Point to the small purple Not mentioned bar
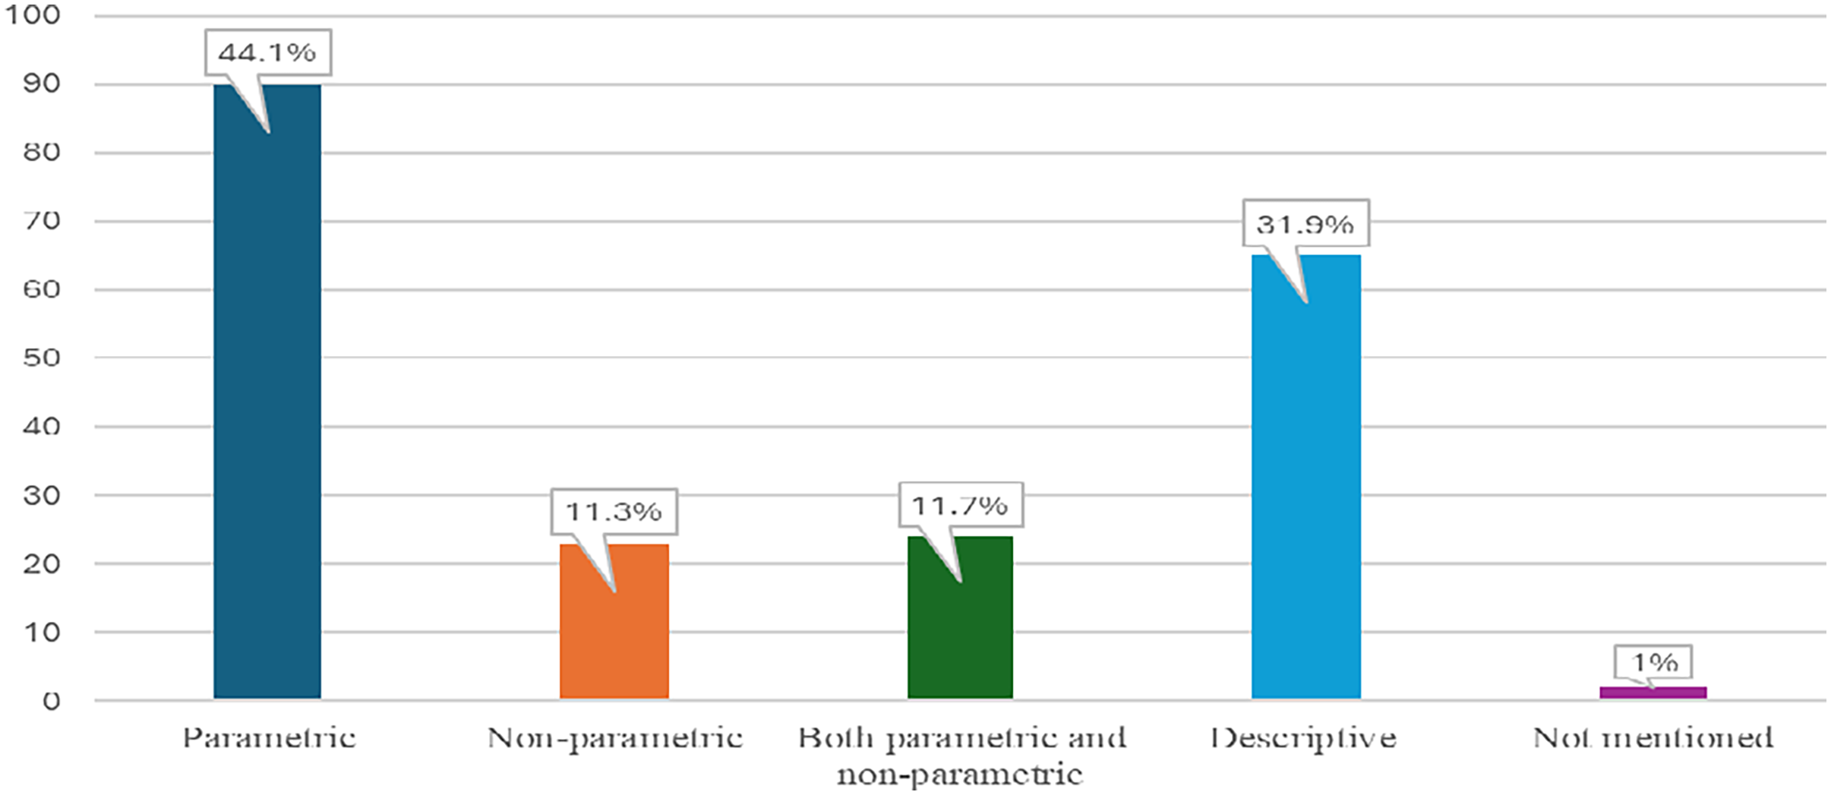(1653, 692)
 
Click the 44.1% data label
(267, 52)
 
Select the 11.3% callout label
(614, 512)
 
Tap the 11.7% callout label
(960, 505)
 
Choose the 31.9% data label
(1305, 224)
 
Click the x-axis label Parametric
(269, 738)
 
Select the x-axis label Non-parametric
(614, 738)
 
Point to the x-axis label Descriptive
(1303, 738)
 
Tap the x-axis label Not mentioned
(1653, 738)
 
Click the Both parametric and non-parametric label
(961, 756)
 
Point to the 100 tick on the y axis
(32, 14)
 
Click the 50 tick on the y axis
(41, 358)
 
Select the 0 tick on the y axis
(51, 701)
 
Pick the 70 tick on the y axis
(41, 221)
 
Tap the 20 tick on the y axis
(41, 564)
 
